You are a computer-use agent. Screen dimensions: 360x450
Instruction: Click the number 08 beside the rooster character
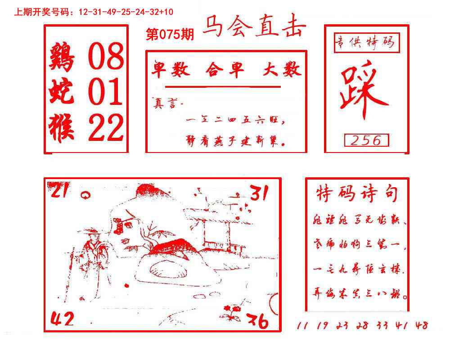click(106, 57)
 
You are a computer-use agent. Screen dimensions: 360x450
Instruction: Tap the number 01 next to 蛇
click(106, 92)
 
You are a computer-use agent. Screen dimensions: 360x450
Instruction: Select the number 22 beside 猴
click(106, 127)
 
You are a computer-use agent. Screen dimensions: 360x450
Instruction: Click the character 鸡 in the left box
click(62, 57)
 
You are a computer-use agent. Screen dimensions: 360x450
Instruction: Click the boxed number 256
click(366, 140)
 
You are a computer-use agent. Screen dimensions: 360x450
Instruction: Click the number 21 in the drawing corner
click(60, 192)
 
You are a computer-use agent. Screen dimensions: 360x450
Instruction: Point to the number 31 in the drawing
click(259, 194)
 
